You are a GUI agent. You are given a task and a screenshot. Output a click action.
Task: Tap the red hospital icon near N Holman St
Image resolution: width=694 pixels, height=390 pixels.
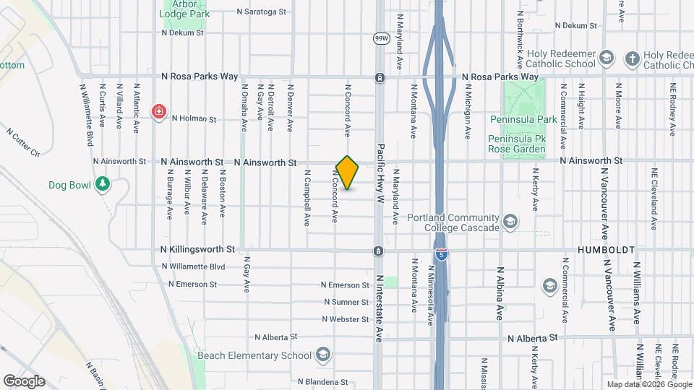(x=158, y=112)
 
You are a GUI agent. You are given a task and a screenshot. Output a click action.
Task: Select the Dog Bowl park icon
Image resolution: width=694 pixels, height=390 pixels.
(x=103, y=185)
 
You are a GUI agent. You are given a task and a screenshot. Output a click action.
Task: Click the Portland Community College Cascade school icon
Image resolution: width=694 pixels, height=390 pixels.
(x=511, y=222)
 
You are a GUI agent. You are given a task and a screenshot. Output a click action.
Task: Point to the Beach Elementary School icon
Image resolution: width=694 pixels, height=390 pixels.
(x=322, y=355)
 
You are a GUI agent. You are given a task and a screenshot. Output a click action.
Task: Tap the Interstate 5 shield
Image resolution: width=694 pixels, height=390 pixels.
(x=442, y=254)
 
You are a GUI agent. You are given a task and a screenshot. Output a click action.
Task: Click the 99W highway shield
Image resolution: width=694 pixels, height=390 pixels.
(x=379, y=38)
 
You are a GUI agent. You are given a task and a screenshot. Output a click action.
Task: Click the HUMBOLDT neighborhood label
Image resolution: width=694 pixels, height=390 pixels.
(x=606, y=250)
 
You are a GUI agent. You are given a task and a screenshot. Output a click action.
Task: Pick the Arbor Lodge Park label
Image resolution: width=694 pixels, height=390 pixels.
(x=185, y=9)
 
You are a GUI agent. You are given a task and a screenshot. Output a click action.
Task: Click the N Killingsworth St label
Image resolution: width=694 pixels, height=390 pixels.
(x=198, y=249)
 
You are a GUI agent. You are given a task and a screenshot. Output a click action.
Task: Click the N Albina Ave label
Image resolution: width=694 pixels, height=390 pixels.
(x=500, y=293)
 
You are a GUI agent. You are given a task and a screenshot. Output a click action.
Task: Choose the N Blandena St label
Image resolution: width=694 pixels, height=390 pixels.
(x=323, y=382)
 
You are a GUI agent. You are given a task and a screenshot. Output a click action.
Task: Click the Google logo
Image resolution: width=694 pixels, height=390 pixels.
(x=24, y=381)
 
